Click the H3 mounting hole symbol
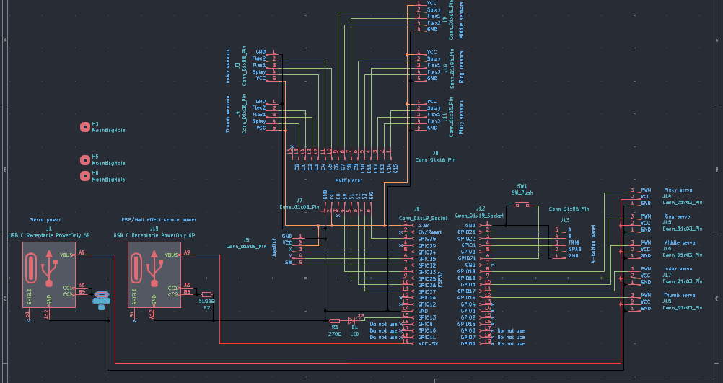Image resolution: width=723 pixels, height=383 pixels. point(84,127)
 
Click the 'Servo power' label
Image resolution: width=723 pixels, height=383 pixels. point(45,219)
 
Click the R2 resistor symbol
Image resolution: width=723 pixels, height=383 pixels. point(207,294)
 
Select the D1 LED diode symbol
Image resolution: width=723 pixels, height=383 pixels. point(353,320)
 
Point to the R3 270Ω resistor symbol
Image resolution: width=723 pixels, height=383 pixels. point(334,320)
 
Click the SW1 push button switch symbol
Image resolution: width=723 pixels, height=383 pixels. point(522,206)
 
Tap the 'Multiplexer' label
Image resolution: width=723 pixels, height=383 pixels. point(348,180)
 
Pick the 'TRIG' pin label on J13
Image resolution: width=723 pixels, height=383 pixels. point(574,242)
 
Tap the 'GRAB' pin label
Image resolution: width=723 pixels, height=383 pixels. point(574,249)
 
